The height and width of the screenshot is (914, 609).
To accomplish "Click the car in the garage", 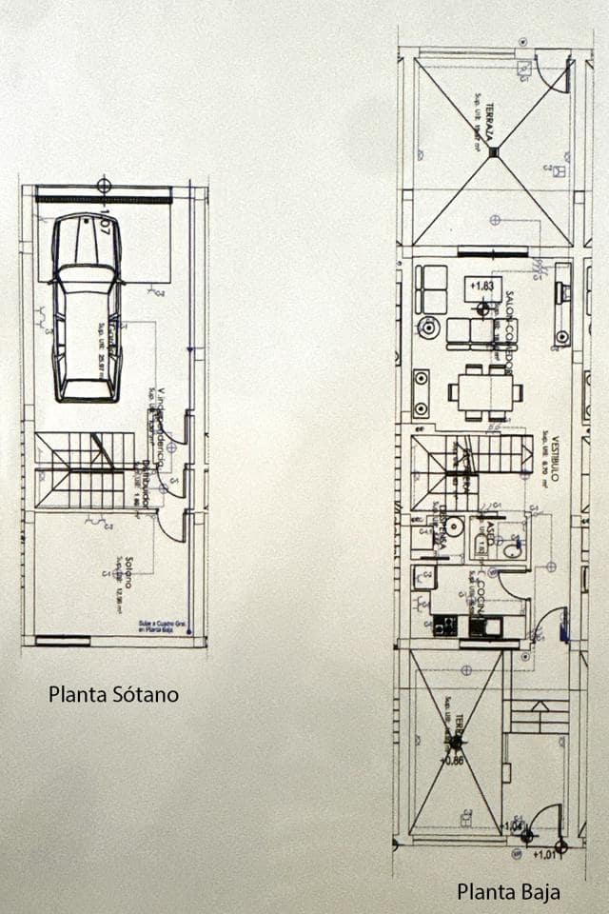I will [87, 307].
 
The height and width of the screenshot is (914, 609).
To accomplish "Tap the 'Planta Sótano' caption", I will [113, 694].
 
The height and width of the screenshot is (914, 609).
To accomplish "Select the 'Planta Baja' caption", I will [508, 892].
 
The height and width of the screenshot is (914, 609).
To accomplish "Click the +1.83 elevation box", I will [483, 285].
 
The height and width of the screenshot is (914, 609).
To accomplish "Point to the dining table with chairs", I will [485, 391].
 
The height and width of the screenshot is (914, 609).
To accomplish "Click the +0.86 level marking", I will [457, 761].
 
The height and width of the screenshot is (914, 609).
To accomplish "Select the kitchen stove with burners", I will [444, 626].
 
